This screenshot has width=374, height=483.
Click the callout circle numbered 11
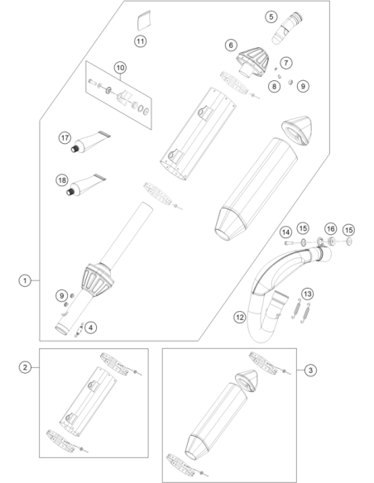pyautogui.click(x=140, y=41)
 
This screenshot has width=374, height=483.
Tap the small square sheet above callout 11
pyautogui.click(x=144, y=21)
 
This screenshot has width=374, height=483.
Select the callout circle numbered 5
pyautogui.click(x=271, y=17)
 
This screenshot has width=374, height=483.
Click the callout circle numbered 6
pyautogui.click(x=231, y=45)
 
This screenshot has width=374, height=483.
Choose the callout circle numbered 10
pyautogui.click(x=120, y=68)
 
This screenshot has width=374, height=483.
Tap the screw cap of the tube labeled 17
pyautogui.click(x=74, y=149)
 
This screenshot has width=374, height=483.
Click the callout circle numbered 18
pyautogui.click(x=62, y=180)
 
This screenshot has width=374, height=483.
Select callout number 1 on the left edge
pyautogui.click(x=25, y=280)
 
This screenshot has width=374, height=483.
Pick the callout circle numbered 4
pyautogui.click(x=90, y=328)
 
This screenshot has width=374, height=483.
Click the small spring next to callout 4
pyautogui.click(x=79, y=330)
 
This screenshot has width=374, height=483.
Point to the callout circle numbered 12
pyautogui.click(x=240, y=317)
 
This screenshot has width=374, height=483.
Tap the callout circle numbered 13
pyautogui.click(x=308, y=294)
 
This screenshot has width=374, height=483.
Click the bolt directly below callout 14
pyautogui.click(x=289, y=243)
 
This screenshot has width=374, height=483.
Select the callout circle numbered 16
pyautogui.click(x=331, y=229)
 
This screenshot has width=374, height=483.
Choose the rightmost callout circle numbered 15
pyautogui.click(x=348, y=230)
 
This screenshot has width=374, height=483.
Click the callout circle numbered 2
pyautogui.click(x=25, y=367)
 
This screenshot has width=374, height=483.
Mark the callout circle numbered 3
pyautogui.click(x=310, y=370)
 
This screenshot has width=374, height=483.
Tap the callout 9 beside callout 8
pyautogui.click(x=303, y=86)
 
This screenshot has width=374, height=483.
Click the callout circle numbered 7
pyautogui.click(x=286, y=63)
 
